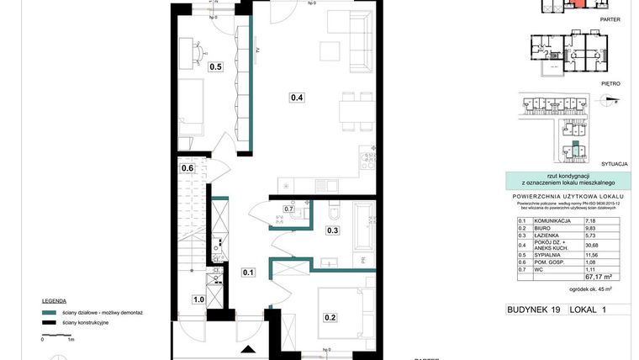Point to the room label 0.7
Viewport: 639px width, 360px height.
[x=288, y=209]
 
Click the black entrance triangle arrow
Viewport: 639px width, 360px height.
[x=246, y=350]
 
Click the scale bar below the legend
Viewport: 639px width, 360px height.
[x=56, y=335]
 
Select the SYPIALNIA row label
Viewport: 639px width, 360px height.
[x=541, y=254]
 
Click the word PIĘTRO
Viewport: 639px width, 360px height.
[x=610, y=83]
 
